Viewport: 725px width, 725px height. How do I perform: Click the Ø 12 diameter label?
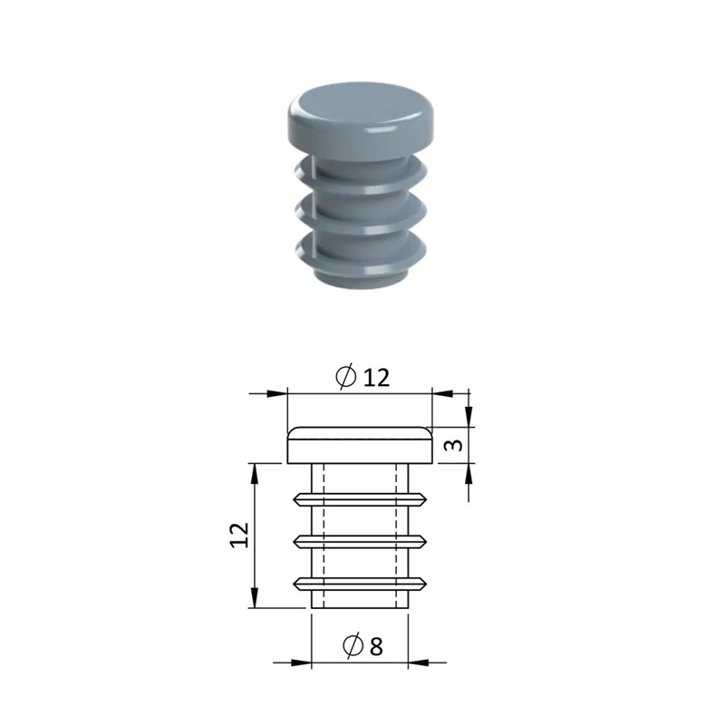(362, 376)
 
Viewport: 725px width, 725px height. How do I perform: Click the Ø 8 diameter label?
(363, 645)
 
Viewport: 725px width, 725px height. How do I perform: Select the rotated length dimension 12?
(239, 535)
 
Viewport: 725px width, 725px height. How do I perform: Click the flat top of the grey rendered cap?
(359, 105)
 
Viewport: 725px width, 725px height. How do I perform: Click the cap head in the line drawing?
(360, 445)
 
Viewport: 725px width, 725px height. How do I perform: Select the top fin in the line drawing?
(360, 499)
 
